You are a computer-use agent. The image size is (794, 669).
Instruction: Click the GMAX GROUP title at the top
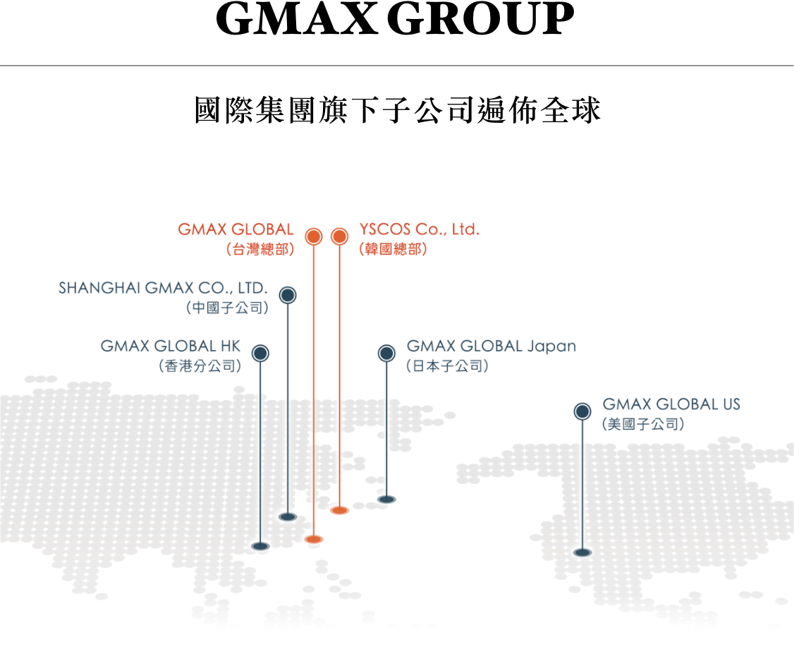click(395, 18)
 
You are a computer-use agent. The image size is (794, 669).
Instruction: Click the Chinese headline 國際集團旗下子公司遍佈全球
click(398, 110)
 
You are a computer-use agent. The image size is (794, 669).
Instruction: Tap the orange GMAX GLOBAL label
click(236, 229)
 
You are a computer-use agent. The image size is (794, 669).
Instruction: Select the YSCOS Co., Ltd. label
click(420, 229)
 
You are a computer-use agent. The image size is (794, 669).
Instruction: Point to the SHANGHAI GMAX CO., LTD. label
click(163, 288)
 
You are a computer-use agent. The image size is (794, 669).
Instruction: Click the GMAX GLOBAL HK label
click(170, 346)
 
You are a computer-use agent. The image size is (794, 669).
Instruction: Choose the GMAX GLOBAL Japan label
click(491, 346)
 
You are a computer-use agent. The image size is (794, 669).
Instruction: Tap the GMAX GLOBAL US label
click(671, 404)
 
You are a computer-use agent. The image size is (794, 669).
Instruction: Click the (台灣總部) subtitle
click(260, 249)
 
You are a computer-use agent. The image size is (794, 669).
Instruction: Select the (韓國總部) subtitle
click(393, 249)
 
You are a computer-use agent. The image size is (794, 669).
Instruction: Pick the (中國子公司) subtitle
click(227, 308)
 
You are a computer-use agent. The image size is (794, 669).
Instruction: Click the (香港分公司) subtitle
click(200, 366)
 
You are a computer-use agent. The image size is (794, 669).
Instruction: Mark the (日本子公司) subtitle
click(447, 366)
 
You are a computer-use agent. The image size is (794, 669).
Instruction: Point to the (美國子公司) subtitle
click(643, 424)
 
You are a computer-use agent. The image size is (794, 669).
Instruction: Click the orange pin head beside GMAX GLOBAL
click(314, 236)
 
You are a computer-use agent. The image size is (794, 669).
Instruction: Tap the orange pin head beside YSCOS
click(339, 236)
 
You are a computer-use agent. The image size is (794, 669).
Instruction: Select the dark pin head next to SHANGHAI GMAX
click(288, 295)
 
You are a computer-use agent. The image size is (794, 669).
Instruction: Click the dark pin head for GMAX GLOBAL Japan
click(386, 354)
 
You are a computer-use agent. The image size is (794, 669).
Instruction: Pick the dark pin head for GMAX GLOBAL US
click(582, 411)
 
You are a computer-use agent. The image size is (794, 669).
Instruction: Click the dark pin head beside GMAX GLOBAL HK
click(260, 354)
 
